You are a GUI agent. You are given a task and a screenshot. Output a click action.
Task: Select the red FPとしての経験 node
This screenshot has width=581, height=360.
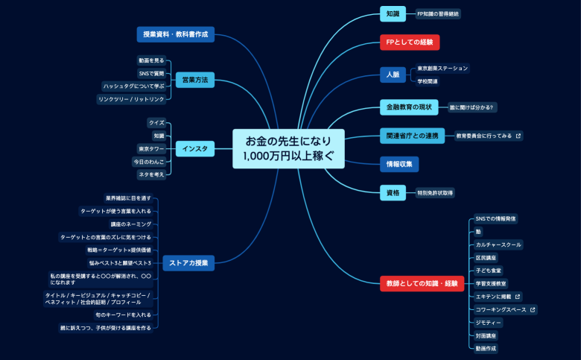click(x=410, y=42)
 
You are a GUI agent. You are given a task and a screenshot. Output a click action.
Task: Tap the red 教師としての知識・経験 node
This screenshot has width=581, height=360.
click(x=421, y=283)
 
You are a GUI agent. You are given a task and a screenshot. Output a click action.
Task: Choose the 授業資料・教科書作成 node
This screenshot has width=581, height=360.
click(x=177, y=34)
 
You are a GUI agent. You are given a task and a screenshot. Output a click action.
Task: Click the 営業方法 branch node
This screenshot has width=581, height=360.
click(x=195, y=79)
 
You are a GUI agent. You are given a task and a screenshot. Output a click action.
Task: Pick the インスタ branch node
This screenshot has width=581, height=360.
click(x=195, y=149)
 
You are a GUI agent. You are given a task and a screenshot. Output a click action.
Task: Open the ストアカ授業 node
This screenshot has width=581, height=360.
click(x=188, y=262)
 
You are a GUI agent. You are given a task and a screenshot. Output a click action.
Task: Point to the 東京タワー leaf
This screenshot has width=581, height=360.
click(x=151, y=148)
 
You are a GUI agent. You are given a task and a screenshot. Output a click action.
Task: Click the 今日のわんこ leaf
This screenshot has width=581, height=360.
click(x=149, y=162)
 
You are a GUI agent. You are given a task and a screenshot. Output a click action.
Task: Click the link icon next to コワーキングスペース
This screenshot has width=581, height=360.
click(x=533, y=309)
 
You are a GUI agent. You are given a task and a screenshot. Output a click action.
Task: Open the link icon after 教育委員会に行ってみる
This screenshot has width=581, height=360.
click(x=518, y=136)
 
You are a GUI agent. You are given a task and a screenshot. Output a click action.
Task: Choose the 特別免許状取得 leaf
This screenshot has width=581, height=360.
click(x=435, y=192)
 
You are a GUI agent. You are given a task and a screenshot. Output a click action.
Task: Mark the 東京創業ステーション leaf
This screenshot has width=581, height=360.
click(x=442, y=68)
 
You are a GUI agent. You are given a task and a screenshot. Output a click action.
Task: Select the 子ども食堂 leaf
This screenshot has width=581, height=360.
click(x=489, y=270)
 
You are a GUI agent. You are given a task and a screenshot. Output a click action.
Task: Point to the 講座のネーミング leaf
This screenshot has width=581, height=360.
click(x=131, y=224)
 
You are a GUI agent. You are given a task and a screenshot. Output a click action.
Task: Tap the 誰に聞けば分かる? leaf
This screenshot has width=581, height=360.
click(x=471, y=107)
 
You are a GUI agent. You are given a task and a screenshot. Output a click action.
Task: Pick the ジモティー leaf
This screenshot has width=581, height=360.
click(x=489, y=322)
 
